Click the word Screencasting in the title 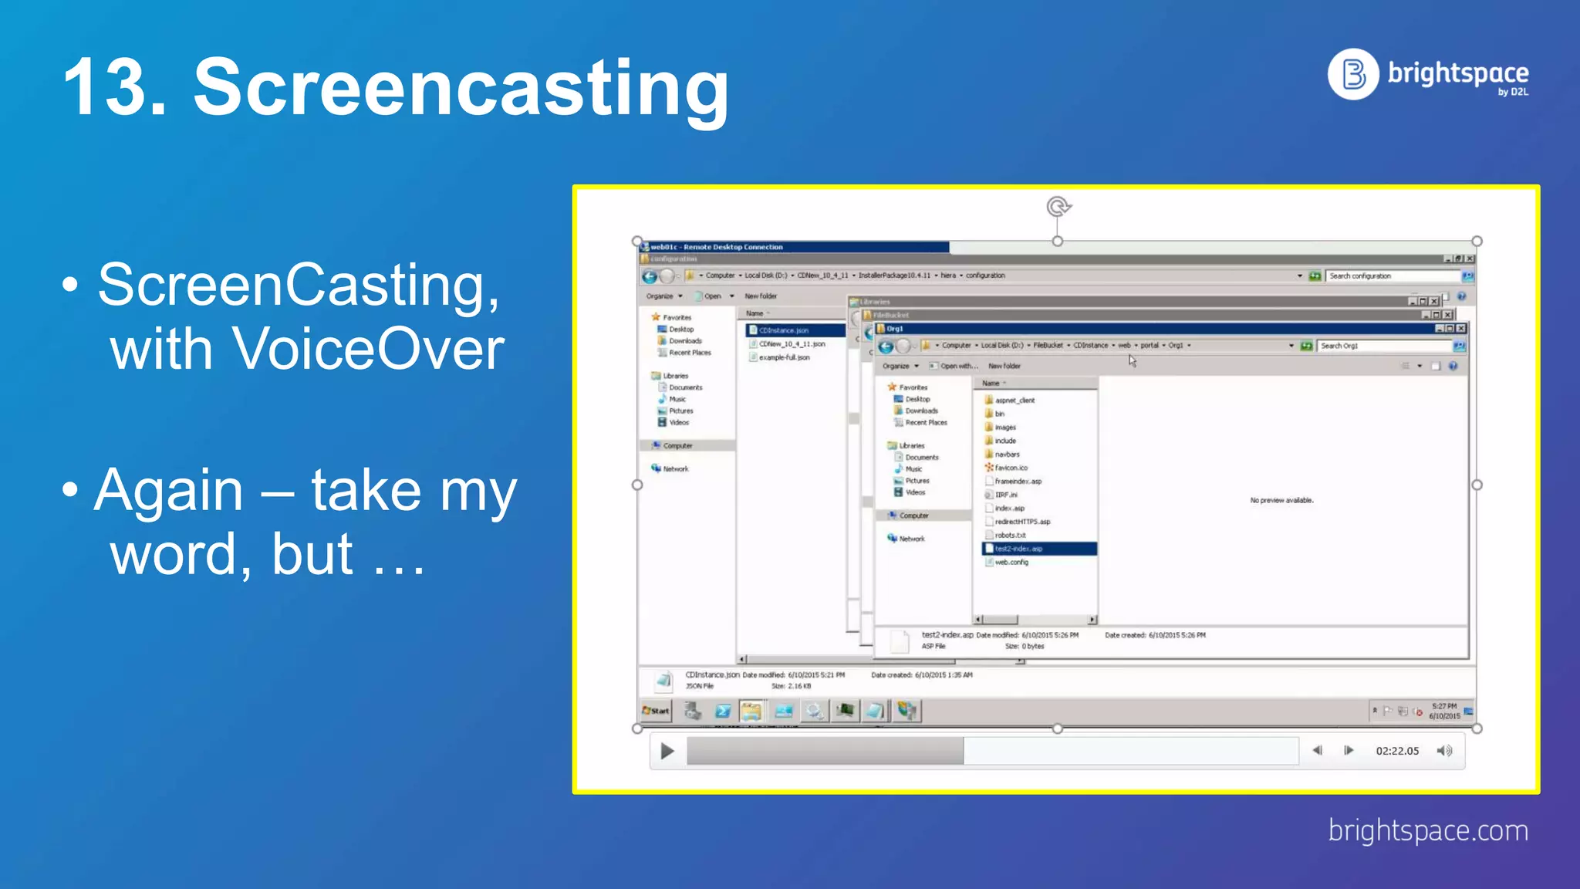[x=461, y=89]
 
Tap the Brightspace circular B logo [x=1352, y=75]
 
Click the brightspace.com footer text [x=1427, y=831]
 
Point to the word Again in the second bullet [x=169, y=491]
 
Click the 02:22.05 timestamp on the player [x=1397, y=751]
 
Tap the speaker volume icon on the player [x=1444, y=751]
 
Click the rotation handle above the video [x=1058, y=207]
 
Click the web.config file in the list [x=1011, y=563]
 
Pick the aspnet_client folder [x=1015, y=401]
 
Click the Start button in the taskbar [x=656, y=711]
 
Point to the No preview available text [x=1281, y=501]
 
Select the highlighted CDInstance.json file [x=783, y=330]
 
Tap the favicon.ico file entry [x=1011, y=468]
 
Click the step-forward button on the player [x=1349, y=751]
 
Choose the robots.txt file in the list [x=1010, y=536]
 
